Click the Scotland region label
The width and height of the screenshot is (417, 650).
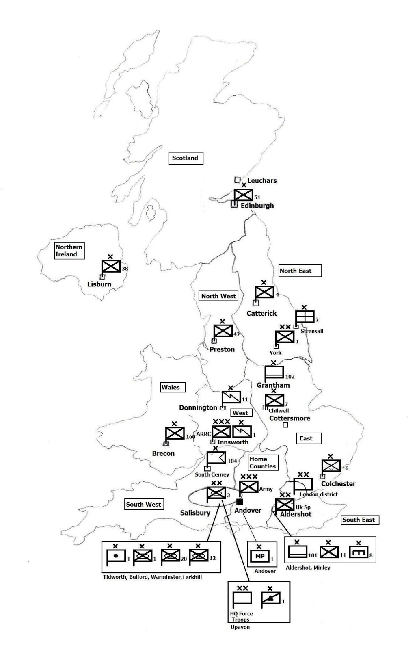185,158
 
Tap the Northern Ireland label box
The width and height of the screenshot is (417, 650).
69,250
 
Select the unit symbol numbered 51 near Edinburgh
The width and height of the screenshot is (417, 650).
244,195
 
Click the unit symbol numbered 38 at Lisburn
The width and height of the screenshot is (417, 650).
111,266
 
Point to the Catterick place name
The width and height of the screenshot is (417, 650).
261,313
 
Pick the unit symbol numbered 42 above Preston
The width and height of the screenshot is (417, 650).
223,331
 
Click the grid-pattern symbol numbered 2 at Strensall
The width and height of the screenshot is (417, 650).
305,316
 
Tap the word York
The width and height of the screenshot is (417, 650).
275,353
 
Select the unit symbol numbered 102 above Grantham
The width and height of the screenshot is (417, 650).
274,372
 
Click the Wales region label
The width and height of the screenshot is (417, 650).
171,387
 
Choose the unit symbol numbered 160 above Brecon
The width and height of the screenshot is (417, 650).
175,433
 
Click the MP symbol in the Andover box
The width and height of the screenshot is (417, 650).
260,556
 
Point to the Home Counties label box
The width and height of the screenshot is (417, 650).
263,463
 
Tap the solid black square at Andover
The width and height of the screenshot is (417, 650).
240,502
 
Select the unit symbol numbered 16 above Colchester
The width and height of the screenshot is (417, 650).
331,466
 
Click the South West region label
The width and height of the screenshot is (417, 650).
144,504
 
